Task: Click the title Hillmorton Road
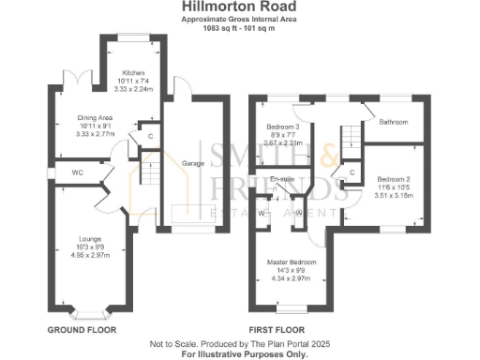tap(239, 7)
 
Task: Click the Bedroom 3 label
tap(283, 127)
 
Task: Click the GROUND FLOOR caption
tap(82, 331)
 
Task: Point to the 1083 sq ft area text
tap(239, 27)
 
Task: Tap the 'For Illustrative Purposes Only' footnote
tap(239, 353)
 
